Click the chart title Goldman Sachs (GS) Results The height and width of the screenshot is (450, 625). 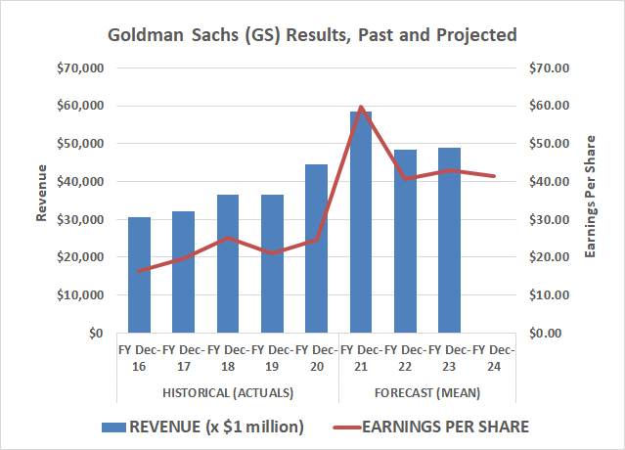point(312,35)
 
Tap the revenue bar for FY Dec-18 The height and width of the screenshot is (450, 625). point(227,264)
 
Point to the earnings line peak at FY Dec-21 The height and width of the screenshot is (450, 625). point(361,107)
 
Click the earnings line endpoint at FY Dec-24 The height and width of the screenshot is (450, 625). point(493,176)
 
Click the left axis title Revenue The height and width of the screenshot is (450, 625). point(41,201)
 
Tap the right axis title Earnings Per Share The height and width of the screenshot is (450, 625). point(591,201)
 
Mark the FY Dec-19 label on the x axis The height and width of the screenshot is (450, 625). point(272,357)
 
